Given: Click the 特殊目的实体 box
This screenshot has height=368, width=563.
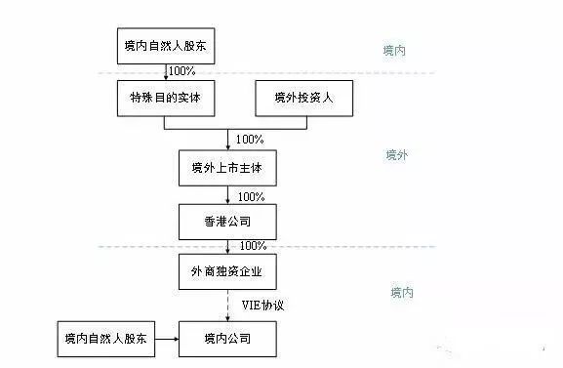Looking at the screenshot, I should [164, 99].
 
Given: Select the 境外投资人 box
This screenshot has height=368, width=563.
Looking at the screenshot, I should [303, 99].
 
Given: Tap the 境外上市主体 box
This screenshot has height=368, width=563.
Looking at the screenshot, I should [227, 169].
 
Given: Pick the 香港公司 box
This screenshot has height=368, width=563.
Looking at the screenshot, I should [227, 220].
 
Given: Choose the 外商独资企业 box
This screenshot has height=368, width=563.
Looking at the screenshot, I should [227, 270].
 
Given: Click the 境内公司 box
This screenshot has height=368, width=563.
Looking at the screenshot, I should [227, 339].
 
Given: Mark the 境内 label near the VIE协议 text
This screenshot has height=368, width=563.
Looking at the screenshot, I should [401, 292].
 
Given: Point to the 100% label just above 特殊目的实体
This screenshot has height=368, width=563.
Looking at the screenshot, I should [182, 71].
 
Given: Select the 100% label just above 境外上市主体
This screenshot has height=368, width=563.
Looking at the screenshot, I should [251, 140].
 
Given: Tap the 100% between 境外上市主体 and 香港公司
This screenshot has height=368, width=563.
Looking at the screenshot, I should [251, 195].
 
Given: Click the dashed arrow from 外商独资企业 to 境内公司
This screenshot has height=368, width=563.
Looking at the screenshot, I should [227, 305].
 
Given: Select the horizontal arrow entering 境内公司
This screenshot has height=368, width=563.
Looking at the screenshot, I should [164, 339].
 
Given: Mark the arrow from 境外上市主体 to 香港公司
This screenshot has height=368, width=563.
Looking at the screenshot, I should [227, 195].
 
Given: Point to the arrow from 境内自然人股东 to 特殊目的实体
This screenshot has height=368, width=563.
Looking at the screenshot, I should [164, 72].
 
